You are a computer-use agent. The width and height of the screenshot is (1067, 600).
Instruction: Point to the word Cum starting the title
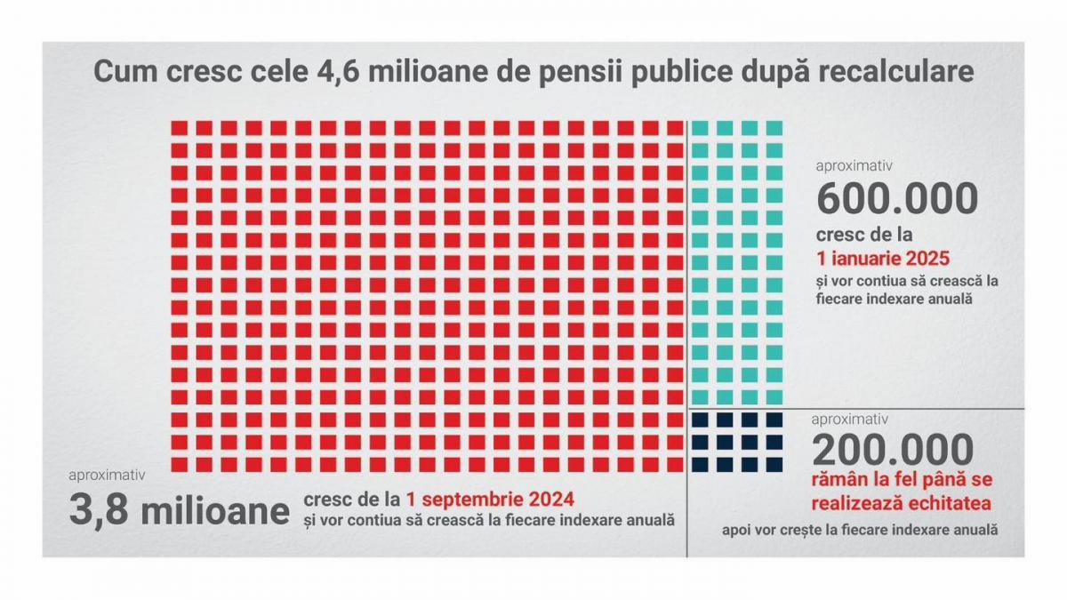[x=124, y=72]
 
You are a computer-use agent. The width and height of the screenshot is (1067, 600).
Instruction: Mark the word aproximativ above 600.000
[x=854, y=165]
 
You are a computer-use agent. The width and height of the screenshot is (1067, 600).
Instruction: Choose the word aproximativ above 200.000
[x=849, y=418]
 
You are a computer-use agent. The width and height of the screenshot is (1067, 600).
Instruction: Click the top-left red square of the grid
[x=180, y=129]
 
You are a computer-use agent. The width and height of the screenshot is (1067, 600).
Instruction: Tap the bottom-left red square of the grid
[x=180, y=462]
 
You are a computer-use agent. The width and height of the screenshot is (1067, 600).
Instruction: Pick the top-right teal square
[x=774, y=129]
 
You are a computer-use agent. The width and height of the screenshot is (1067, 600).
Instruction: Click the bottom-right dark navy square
[x=774, y=462]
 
